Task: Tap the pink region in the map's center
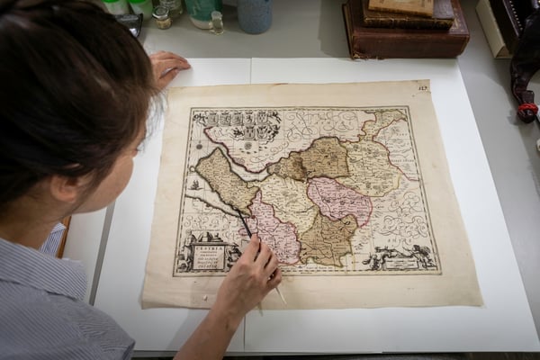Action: click(338, 200)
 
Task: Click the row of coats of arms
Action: click(236, 118)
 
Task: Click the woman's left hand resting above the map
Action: click(167, 66)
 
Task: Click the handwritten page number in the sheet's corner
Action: click(423, 87)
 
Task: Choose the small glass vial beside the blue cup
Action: click(216, 22)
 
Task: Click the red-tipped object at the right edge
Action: click(526, 112)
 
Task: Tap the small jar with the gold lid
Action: click(162, 17)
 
